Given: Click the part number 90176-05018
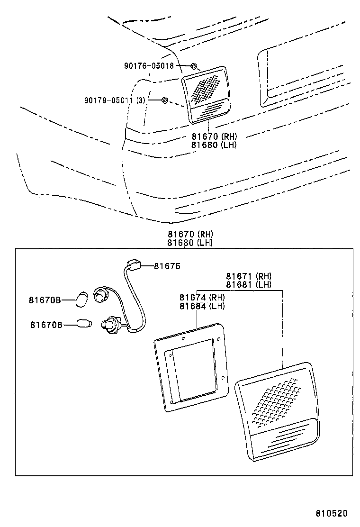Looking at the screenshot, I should (149, 66).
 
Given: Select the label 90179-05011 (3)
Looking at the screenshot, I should (115, 100).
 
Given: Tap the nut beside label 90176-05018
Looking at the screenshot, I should (194, 66).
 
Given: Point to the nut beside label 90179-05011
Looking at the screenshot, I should (164, 100).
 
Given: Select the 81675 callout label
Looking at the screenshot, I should (167, 266).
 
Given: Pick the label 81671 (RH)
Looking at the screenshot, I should (248, 276).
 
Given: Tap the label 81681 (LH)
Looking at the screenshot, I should (248, 284).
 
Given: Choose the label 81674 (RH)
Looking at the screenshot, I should (202, 298).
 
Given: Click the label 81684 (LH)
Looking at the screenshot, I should (202, 306).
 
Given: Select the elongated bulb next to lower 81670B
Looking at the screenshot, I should (84, 324).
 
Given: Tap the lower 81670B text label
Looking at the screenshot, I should (46, 325).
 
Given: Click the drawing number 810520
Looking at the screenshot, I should (332, 513).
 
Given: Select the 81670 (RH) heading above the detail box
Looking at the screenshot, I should (190, 234).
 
